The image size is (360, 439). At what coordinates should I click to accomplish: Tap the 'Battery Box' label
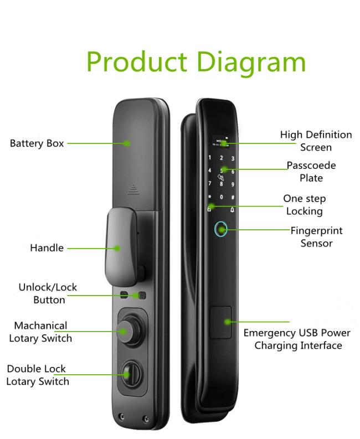pyautogui.click(x=37, y=143)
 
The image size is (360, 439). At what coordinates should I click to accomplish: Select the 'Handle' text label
pyautogui.click(x=47, y=248)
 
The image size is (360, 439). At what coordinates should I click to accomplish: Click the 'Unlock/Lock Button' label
pyautogui.click(x=48, y=293)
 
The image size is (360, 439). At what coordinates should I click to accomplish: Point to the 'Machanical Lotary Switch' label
pyautogui.click(x=40, y=332)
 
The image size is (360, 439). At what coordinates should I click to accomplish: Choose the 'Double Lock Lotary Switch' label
pyautogui.click(x=38, y=375)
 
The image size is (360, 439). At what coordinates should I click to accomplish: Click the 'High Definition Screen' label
pyautogui.click(x=316, y=141)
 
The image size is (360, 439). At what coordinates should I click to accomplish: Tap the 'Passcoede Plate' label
pyautogui.click(x=311, y=172)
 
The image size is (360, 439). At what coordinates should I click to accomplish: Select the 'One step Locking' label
pyautogui.click(x=305, y=205)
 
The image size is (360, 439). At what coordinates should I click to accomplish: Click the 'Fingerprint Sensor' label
pyautogui.click(x=317, y=237)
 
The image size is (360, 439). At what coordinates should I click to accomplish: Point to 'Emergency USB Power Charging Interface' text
pyautogui.click(x=297, y=339)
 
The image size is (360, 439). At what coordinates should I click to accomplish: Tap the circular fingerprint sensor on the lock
pyautogui.click(x=221, y=230)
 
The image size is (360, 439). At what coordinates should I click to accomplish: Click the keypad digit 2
pyautogui.click(x=221, y=158)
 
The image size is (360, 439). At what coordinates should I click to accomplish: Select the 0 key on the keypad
pyautogui.click(x=222, y=197)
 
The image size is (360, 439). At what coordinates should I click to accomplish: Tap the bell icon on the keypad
pyautogui.click(x=232, y=210)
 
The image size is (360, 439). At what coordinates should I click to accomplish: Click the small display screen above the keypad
pyautogui.click(x=220, y=142)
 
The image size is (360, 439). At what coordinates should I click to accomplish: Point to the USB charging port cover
pyautogui.click(x=221, y=322)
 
